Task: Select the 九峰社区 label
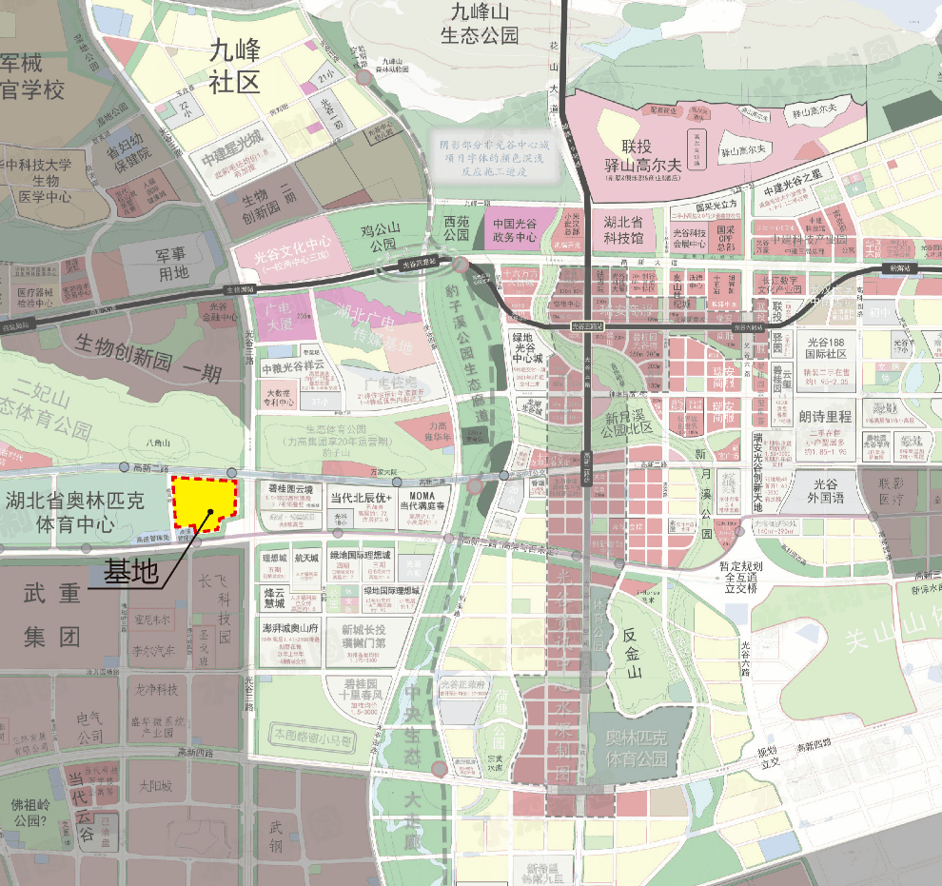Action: [x=234, y=66]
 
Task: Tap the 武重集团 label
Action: [x=52, y=614]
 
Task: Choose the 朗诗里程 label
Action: [x=826, y=417]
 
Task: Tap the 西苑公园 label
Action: [x=457, y=227]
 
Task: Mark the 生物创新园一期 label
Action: [x=148, y=344]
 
